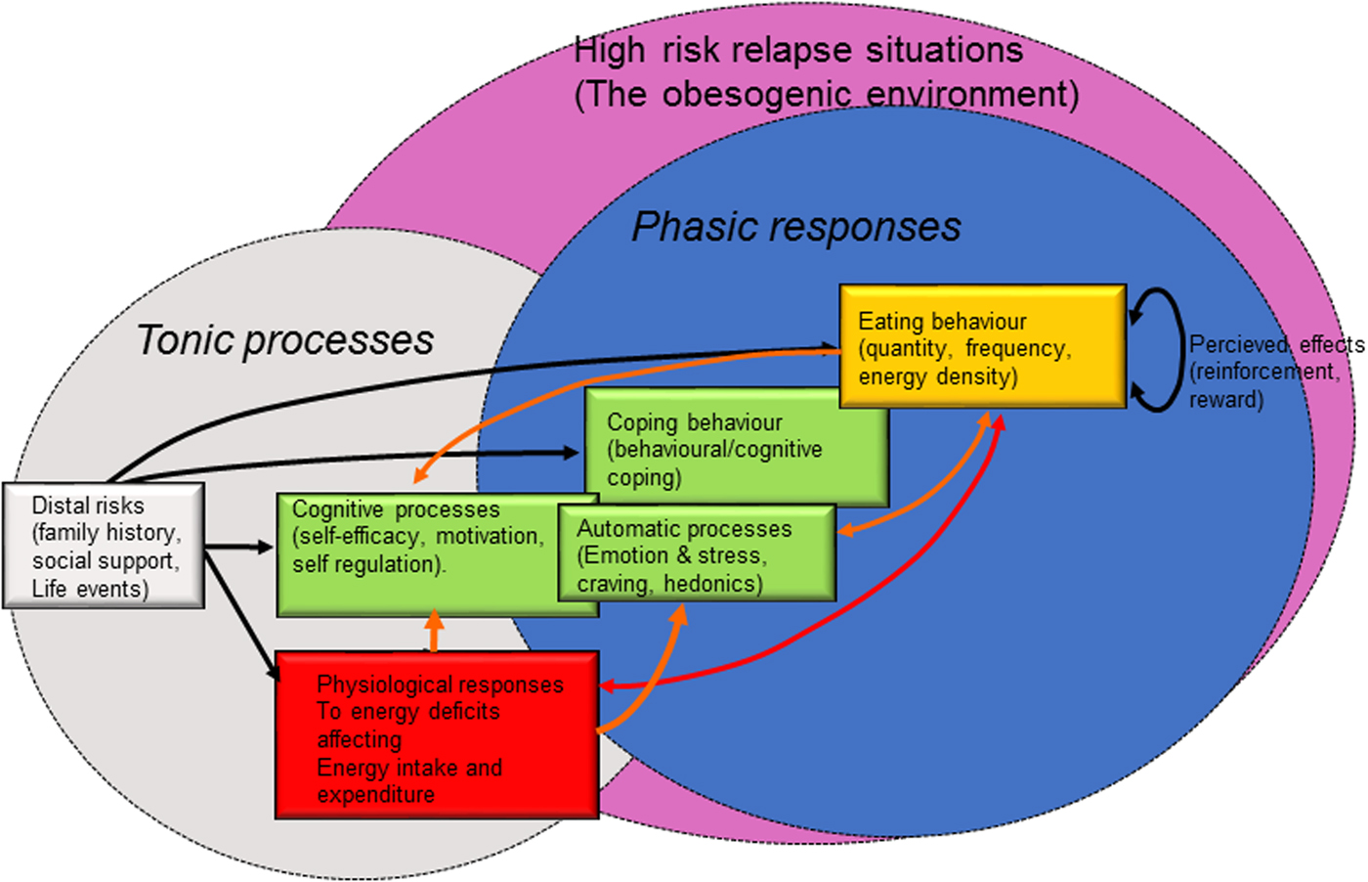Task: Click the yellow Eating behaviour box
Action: [982, 346]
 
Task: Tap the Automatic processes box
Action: [697, 555]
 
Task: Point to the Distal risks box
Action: [104, 546]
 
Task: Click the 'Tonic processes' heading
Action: [284, 340]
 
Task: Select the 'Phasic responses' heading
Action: [795, 227]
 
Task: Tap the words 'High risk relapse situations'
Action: [798, 50]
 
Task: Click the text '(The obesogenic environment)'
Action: [827, 94]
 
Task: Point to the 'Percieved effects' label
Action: [1275, 344]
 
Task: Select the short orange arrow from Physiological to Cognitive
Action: [434, 631]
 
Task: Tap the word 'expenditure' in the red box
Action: [376, 795]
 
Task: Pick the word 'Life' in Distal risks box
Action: [49, 589]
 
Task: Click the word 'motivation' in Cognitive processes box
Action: [489, 536]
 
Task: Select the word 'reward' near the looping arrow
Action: [1225, 400]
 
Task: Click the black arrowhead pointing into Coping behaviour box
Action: [571, 452]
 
